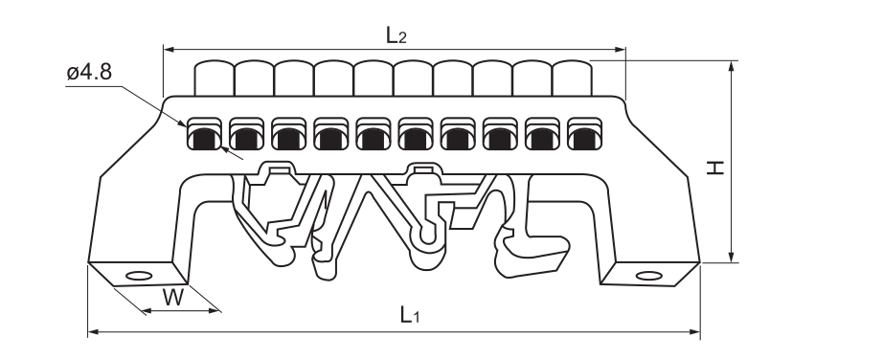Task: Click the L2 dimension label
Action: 396,35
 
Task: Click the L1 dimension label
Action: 410,315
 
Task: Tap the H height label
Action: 715,168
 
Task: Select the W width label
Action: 173,297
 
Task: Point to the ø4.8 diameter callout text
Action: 89,72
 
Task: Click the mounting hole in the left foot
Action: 139,276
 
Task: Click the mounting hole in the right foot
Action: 648,276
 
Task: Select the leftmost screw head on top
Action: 214,79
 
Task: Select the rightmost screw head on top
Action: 572,79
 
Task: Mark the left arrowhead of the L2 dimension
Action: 169,50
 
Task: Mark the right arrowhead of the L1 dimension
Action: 695,332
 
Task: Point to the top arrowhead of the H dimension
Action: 732,66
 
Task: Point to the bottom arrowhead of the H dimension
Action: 732,257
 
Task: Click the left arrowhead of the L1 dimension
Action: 94,332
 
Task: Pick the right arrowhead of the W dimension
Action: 213,310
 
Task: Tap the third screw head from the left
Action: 294,79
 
